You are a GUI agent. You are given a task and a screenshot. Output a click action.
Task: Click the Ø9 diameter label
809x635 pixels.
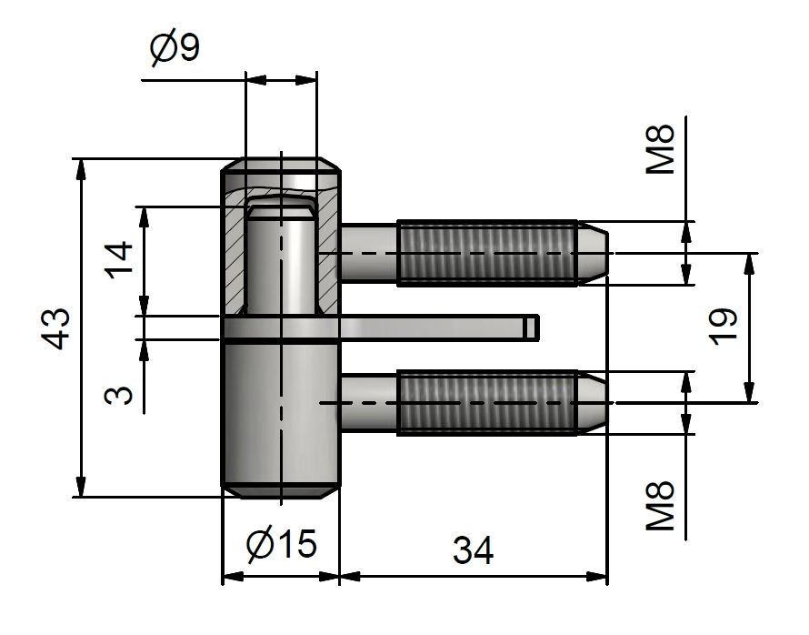point(175,48)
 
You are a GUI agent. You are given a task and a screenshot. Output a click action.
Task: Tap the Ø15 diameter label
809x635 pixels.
point(281,544)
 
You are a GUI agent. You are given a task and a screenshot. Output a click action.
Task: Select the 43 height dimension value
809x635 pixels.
point(55,328)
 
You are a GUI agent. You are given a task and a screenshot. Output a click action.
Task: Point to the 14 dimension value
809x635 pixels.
point(119,259)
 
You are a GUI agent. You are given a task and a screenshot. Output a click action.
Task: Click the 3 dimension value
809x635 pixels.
point(119,395)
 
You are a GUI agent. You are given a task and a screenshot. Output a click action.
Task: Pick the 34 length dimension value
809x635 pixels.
point(473,550)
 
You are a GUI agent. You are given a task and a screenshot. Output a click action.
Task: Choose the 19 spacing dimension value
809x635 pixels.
point(724,327)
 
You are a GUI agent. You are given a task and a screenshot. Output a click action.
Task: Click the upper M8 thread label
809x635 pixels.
point(661,148)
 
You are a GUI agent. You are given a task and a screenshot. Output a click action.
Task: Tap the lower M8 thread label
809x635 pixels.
point(661,506)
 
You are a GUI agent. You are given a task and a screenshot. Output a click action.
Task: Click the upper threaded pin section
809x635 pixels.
point(487,253)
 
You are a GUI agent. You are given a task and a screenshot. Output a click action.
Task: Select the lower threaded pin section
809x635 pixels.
point(487,403)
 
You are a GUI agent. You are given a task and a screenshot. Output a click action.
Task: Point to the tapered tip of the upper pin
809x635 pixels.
point(594,253)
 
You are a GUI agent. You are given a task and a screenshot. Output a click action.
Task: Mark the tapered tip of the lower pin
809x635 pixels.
point(594,403)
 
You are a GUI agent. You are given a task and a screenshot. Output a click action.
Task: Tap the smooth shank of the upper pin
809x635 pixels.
point(368,253)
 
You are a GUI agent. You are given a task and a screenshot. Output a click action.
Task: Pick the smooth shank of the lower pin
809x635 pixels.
point(368,403)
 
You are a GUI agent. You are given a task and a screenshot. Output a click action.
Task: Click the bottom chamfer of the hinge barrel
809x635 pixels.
point(281,491)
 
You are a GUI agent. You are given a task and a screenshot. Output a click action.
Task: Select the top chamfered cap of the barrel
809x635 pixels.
point(281,165)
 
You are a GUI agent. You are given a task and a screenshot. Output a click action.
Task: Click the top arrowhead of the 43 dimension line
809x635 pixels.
point(80,169)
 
